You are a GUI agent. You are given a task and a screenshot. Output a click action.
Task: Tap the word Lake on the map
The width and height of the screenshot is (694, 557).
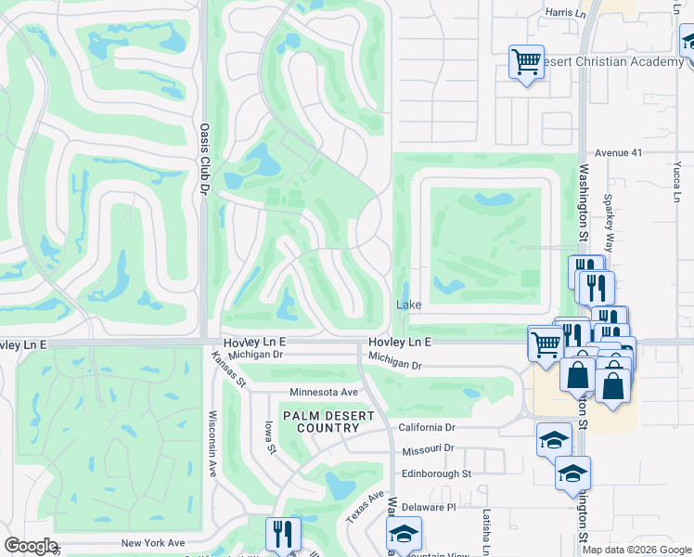409,304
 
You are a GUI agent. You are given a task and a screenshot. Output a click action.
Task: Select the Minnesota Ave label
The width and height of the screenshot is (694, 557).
324,393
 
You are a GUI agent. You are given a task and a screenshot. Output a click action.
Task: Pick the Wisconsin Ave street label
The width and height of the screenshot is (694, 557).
212,444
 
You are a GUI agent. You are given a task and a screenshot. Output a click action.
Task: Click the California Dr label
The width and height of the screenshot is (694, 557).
427,428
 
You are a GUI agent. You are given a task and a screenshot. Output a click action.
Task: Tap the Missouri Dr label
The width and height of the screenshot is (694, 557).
428,449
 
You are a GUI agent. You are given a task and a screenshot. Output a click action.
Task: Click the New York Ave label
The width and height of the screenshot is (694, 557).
152,543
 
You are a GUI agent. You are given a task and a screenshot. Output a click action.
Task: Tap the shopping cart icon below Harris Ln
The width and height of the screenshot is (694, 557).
526,62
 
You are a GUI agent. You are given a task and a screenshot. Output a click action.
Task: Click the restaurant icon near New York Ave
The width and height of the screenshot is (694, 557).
283,533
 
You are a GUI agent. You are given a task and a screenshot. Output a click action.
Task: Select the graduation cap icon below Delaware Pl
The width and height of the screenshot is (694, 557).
404,533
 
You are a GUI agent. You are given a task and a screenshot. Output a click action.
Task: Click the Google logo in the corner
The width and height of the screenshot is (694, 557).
31,546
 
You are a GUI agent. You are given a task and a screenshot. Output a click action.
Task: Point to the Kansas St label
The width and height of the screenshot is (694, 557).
227,369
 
